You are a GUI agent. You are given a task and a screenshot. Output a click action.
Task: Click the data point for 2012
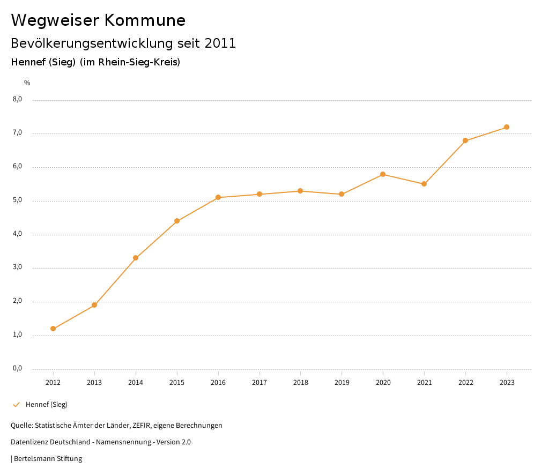point(53,329)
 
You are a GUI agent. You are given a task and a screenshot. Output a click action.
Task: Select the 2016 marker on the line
point(218,197)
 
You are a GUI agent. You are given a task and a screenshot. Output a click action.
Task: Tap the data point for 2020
point(383,174)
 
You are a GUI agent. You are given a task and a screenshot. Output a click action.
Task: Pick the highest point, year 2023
point(507,127)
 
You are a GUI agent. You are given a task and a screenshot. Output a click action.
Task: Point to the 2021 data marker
point(424,184)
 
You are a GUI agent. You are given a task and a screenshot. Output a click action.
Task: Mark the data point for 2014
point(136,258)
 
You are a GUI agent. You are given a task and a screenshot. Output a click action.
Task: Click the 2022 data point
point(465,140)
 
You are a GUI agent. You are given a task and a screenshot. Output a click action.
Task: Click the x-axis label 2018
point(300,382)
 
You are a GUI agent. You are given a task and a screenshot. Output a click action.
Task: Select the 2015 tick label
point(177,382)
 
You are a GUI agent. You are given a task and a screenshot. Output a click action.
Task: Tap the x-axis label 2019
point(342,382)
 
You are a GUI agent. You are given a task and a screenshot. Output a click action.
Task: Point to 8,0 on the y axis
point(17,99)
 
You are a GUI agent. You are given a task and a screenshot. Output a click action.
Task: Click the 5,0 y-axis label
point(17,200)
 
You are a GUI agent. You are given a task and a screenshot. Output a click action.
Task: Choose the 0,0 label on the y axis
point(17,368)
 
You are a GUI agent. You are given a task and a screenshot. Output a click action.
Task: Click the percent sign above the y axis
point(27,83)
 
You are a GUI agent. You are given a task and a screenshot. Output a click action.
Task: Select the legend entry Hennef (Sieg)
point(46,404)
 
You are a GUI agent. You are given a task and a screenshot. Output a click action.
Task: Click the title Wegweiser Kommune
point(98,20)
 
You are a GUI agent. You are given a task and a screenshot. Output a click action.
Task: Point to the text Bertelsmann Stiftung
point(48,458)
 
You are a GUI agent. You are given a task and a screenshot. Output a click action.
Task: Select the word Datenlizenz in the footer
point(29,442)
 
